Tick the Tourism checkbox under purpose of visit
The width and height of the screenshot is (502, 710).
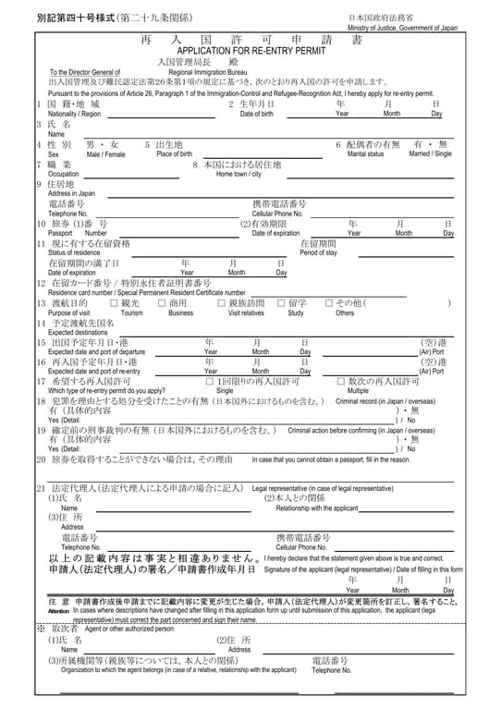(114, 303)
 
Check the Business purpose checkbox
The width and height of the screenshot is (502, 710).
(162, 303)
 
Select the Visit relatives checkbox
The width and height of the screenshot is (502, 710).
(221, 303)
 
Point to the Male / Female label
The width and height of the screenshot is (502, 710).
(105, 154)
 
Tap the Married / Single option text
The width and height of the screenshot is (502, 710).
(431, 154)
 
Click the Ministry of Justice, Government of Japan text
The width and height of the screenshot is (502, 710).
(402, 29)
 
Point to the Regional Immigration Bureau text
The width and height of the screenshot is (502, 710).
(208, 72)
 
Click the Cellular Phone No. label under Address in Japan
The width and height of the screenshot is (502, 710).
(277, 214)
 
